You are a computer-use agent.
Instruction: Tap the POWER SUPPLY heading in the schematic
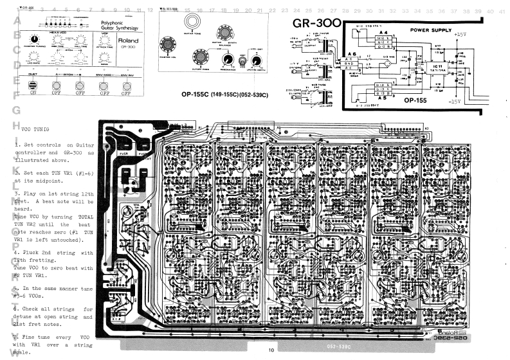tap(428, 30)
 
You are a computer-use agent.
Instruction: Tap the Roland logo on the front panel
tap(127, 40)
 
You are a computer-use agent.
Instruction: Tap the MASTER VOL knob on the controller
tap(169, 44)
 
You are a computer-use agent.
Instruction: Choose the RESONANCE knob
tap(227, 59)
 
